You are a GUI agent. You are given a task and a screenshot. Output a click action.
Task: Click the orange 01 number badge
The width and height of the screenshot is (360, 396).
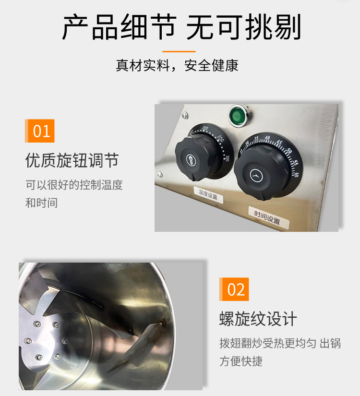click(x=40, y=131)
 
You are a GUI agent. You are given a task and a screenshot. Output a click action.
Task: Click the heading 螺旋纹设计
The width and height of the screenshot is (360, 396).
click(x=258, y=319)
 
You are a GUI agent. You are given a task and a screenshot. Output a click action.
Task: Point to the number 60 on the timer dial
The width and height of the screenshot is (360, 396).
click(x=297, y=175)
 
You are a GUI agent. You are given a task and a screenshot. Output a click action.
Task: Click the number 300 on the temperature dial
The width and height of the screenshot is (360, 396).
click(x=227, y=158)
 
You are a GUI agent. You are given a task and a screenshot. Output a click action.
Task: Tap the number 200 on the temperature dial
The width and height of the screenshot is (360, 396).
click(x=205, y=128)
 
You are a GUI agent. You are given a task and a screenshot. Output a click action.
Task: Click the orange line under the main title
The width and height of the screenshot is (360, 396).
click(x=179, y=51)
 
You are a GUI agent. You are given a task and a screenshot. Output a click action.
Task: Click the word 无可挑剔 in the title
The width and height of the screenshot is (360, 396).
click(x=244, y=27)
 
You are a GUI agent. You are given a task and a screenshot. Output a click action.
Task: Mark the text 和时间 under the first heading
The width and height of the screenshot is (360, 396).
click(x=42, y=203)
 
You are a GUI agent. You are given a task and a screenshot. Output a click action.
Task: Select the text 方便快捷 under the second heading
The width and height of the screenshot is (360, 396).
click(x=241, y=361)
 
